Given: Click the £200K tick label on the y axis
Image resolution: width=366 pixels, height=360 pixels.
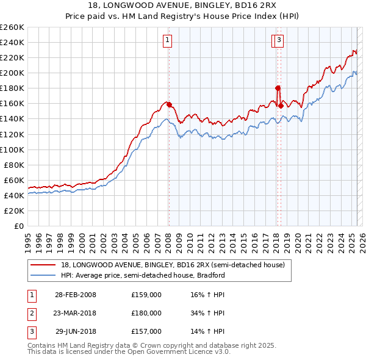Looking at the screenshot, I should tap(12, 73).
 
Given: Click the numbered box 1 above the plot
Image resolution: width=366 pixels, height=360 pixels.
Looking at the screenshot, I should tap(167, 41).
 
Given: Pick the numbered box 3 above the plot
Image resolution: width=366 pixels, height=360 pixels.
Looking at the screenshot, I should tap(279, 41).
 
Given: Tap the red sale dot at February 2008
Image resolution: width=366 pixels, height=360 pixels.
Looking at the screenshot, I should tap(169, 104).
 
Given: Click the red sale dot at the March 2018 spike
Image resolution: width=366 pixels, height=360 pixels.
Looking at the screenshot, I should tap(278, 88).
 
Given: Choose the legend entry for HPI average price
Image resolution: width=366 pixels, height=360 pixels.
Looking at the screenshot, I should tap(143, 275).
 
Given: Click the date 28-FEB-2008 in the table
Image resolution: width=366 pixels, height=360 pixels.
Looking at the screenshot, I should tap(76, 295).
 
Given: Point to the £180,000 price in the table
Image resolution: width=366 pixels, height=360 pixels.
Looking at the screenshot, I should tap(146, 313).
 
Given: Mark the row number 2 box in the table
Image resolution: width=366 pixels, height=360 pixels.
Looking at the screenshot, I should tap(30, 313).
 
